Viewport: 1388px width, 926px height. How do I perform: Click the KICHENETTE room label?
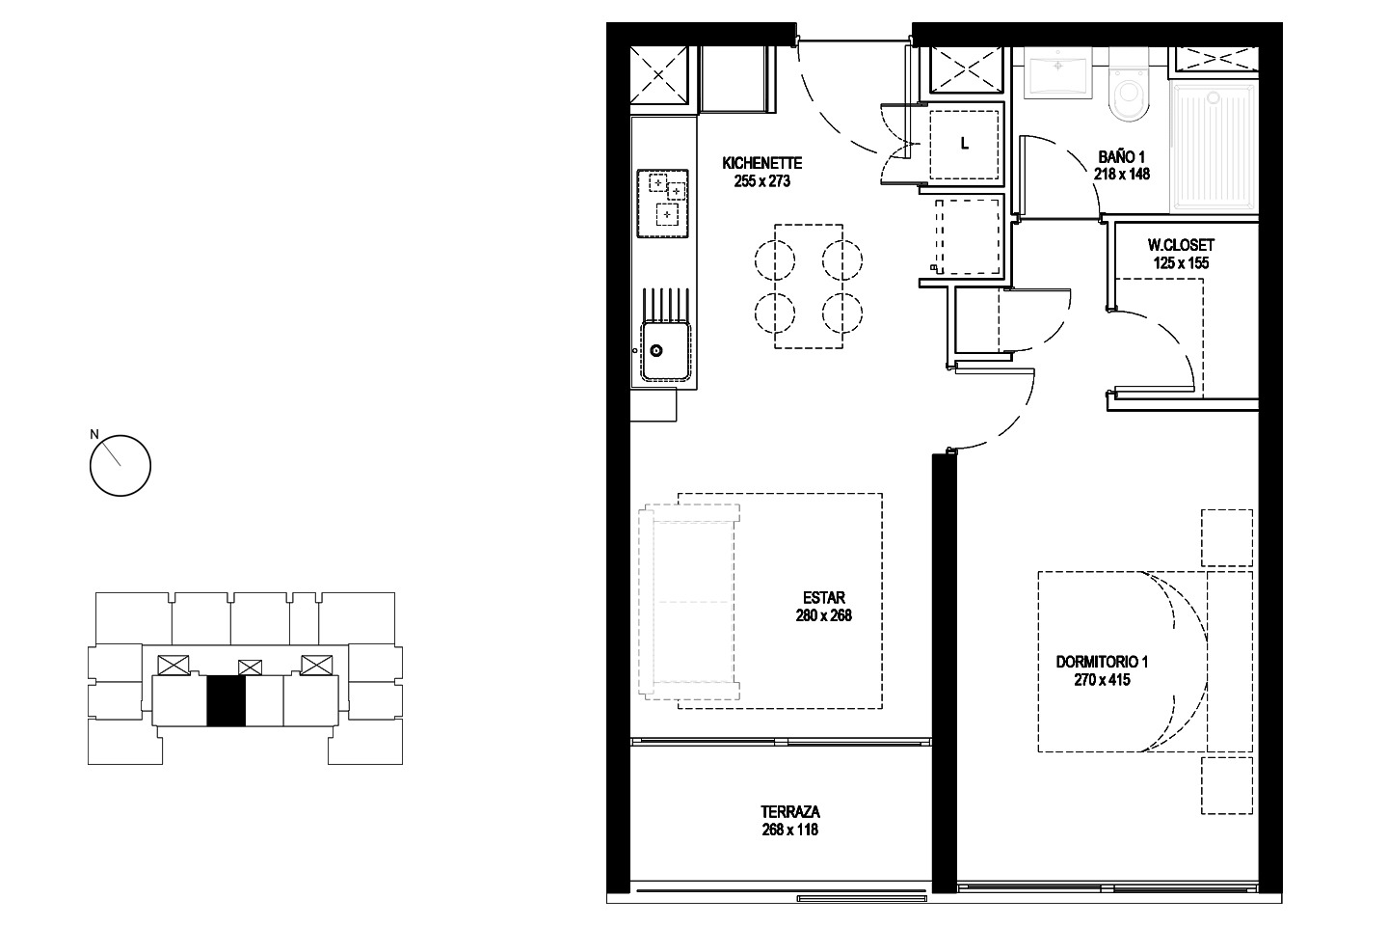coord(761,163)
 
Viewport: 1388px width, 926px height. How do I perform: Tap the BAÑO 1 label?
coord(1122,156)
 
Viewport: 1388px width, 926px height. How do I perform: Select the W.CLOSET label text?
coord(1181,245)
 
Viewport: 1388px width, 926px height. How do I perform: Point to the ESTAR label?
coord(823,598)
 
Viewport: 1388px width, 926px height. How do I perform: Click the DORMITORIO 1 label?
coord(1102,662)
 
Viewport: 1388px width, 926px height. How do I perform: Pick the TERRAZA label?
coord(790,811)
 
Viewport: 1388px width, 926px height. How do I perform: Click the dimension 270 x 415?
coord(1102,680)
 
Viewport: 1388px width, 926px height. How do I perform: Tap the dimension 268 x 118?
coord(790,830)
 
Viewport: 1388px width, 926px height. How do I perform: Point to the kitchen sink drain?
coord(656,351)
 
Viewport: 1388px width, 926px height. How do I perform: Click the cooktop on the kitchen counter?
coord(662,204)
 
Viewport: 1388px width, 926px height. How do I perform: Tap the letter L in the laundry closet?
coord(964,144)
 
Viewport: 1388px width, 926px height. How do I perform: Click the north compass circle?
coord(120,465)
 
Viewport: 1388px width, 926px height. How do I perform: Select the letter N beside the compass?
coord(94,434)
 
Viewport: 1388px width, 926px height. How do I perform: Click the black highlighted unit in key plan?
coord(226,700)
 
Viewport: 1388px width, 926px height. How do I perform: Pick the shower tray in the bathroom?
coord(1214,147)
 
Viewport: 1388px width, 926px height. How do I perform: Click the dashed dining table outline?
coord(809,286)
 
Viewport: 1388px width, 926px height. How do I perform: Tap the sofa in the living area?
coord(689,602)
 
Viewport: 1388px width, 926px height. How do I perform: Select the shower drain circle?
coord(1213,98)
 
